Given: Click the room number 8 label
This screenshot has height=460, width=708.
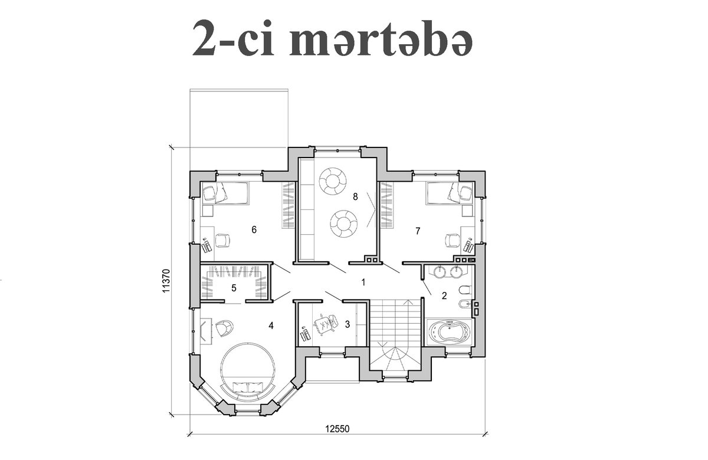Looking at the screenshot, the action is coord(355,197).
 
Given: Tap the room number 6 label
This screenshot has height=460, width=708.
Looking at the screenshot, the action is coord(254,229).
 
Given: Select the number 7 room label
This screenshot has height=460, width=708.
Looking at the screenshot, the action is coord(418,231).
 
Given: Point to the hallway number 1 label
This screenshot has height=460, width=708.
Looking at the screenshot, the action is coord(363,282).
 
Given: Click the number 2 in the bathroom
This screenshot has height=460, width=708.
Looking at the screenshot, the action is coord(444,295).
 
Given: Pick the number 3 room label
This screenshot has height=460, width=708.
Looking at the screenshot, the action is coord(348,324).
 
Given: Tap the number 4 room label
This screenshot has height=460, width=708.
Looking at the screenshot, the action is coord(271,326).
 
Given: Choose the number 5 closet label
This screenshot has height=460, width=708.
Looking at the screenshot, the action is coord(234,288).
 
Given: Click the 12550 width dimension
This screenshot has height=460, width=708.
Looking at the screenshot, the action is coord(337,429).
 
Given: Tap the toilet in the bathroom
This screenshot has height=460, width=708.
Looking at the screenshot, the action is coord(466,290).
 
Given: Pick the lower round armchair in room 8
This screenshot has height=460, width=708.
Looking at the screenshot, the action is coord(343,224).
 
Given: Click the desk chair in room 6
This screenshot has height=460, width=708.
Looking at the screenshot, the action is coord(223,241).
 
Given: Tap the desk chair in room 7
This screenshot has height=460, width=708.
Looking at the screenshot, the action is coord(452,241).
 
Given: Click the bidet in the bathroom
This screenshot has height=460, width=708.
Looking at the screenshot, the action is coord(465,304).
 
